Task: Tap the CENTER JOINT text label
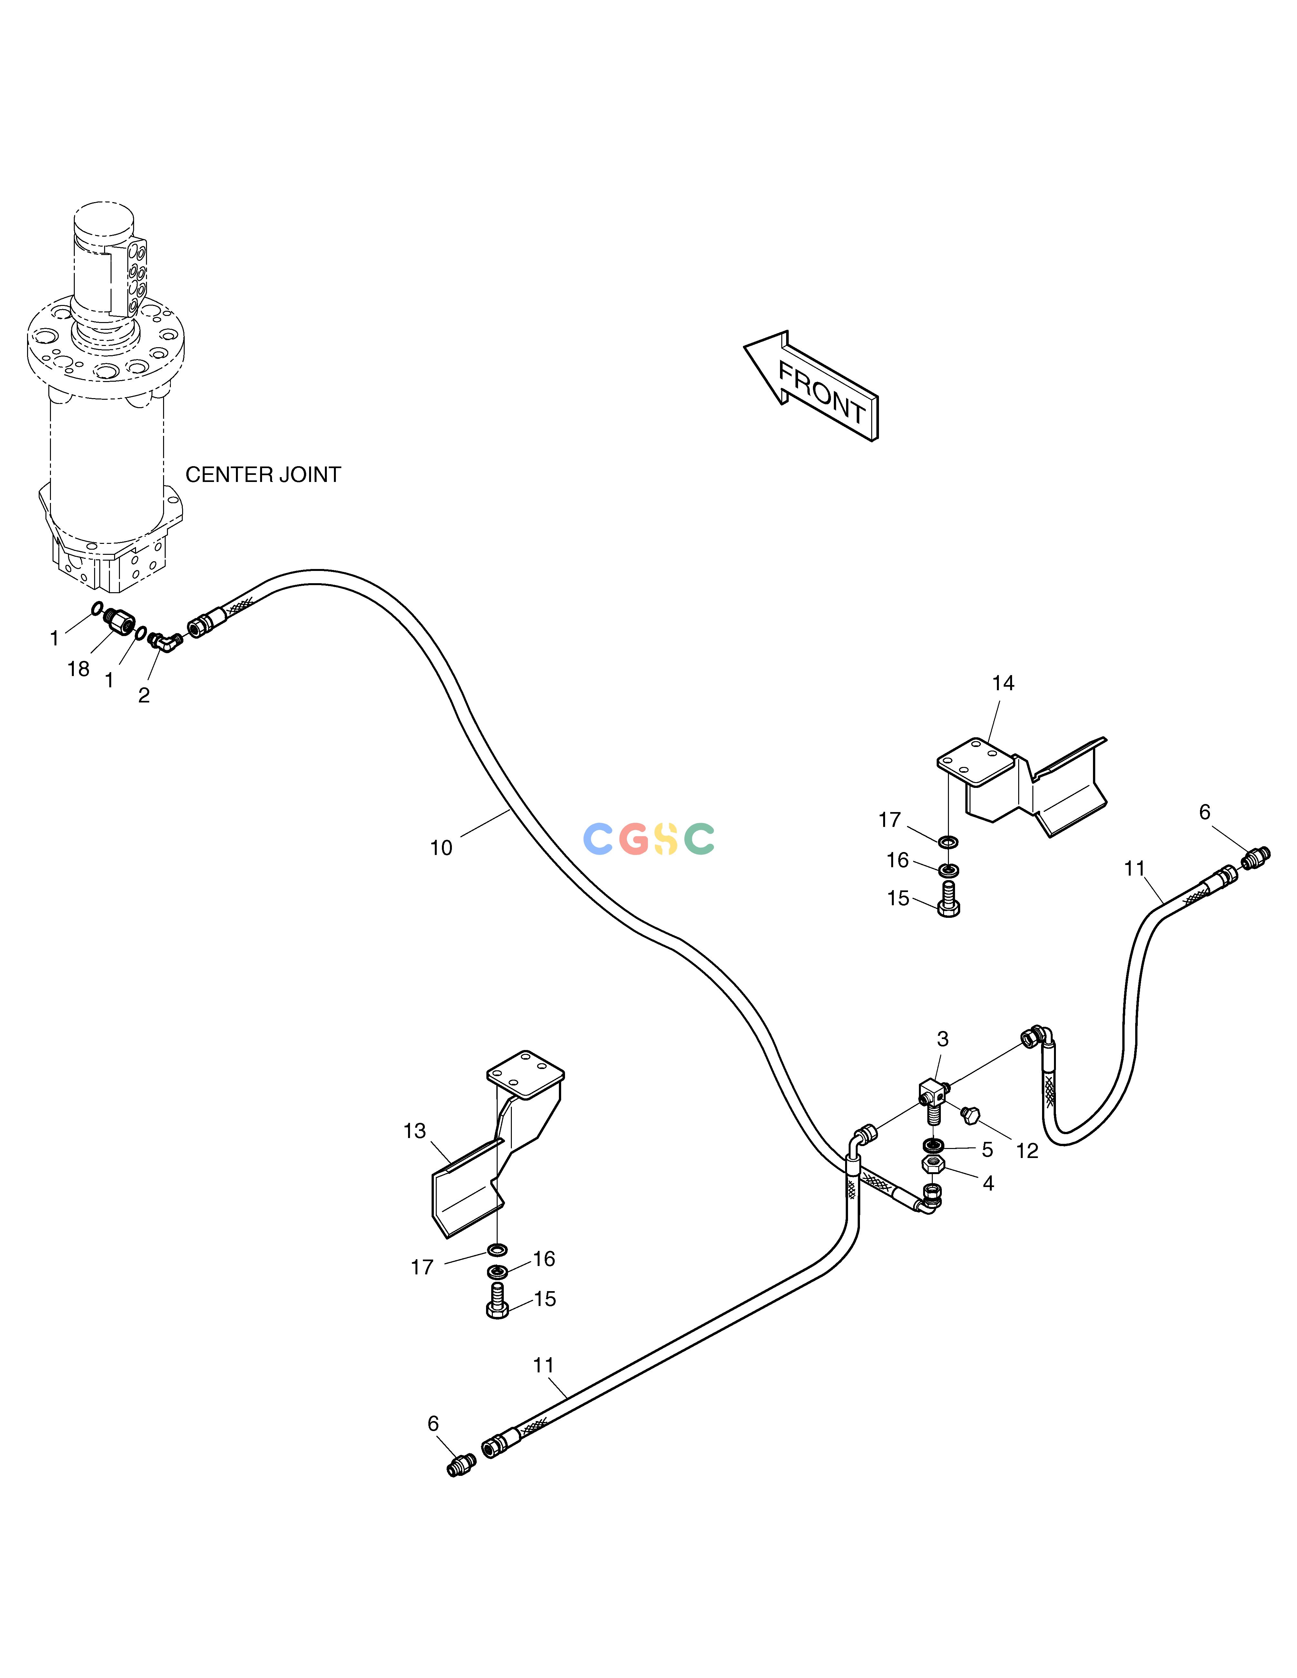click(x=263, y=475)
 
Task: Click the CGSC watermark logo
click(x=649, y=839)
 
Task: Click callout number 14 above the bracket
click(x=1003, y=683)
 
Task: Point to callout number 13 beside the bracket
click(x=415, y=1131)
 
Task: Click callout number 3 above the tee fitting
click(x=943, y=1040)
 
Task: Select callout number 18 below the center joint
click(x=78, y=669)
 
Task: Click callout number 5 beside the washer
click(x=987, y=1150)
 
